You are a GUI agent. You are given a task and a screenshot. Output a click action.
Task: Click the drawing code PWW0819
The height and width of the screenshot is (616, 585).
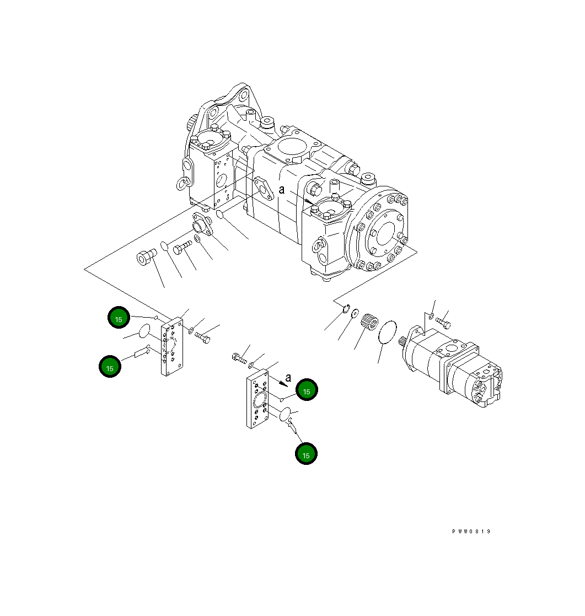point(471,532)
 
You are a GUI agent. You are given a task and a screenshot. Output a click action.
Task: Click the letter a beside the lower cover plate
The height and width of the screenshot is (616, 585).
point(288,378)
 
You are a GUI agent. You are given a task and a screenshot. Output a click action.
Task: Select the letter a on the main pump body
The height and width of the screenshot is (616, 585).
point(281,190)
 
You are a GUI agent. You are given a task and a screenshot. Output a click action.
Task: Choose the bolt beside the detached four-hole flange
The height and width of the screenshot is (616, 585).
point(183,249)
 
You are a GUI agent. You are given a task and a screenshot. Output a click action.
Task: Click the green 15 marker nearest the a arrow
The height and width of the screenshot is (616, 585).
point(307,390)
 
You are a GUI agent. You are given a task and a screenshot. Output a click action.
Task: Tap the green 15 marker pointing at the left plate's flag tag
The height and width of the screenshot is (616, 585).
point(110,367)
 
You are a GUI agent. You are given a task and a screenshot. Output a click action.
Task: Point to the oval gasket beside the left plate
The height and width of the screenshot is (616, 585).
point(144,331)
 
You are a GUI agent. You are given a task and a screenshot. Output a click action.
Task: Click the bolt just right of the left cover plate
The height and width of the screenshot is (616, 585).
point(202,335)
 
